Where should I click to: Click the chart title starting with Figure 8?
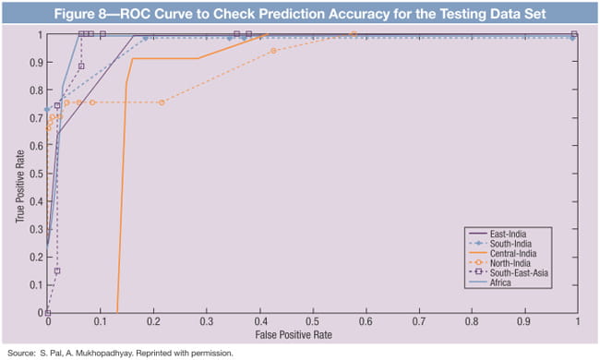[300, 13]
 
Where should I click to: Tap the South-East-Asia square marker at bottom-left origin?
[48, 313]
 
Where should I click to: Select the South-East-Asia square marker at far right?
[575, 34]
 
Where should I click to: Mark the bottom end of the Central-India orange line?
[118, 312]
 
